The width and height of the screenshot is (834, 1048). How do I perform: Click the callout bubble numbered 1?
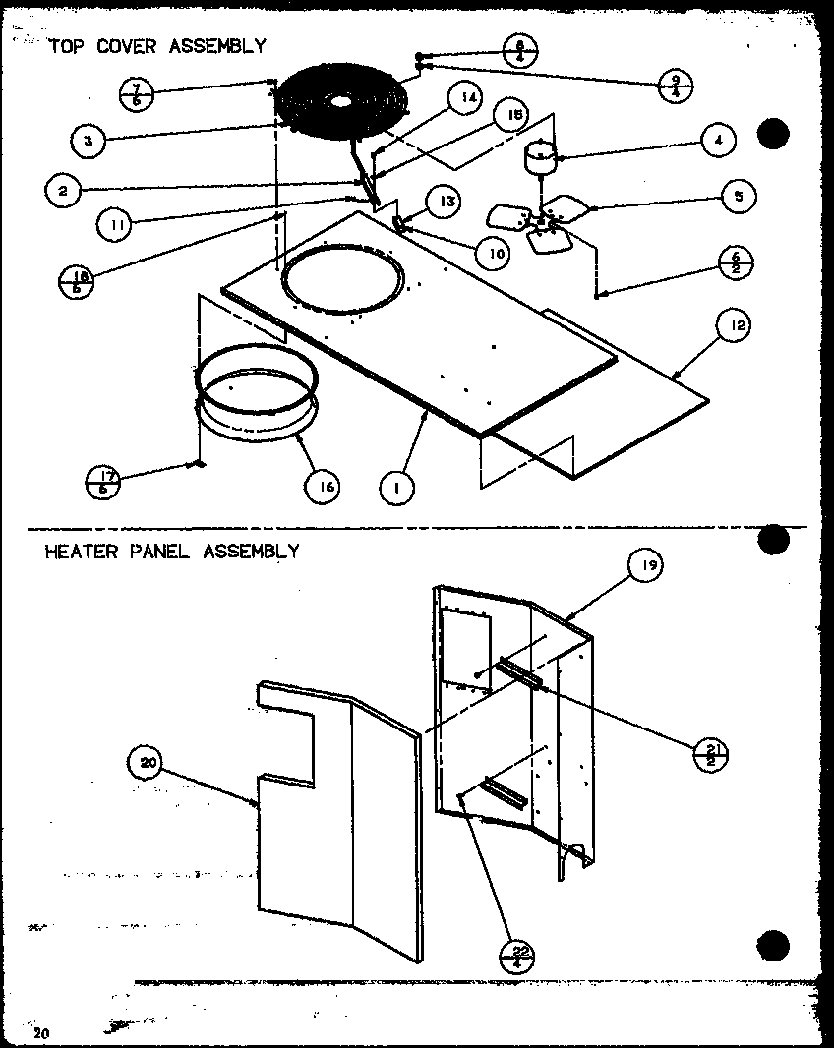tap(397, 487)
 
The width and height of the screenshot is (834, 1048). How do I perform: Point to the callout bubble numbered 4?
tap(719, 140)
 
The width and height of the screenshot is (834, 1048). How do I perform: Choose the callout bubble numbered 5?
tap(737, 196)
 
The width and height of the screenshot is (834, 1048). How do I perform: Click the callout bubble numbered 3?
tap(88, 141)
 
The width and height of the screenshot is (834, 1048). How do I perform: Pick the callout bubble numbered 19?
tap(647, 565)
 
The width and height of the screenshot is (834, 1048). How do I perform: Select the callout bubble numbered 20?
tap(145, 760)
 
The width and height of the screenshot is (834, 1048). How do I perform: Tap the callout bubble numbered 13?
tap(447, 202)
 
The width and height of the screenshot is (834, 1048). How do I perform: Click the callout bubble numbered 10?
tap(491, 253)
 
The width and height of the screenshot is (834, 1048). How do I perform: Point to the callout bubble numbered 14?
tap(466, 98)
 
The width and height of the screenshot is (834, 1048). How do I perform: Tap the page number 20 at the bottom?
tap(40, 1032)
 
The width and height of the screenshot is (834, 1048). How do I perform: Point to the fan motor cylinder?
tap(538, 160)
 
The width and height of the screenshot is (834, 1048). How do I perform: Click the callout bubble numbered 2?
tap(62, 191)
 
